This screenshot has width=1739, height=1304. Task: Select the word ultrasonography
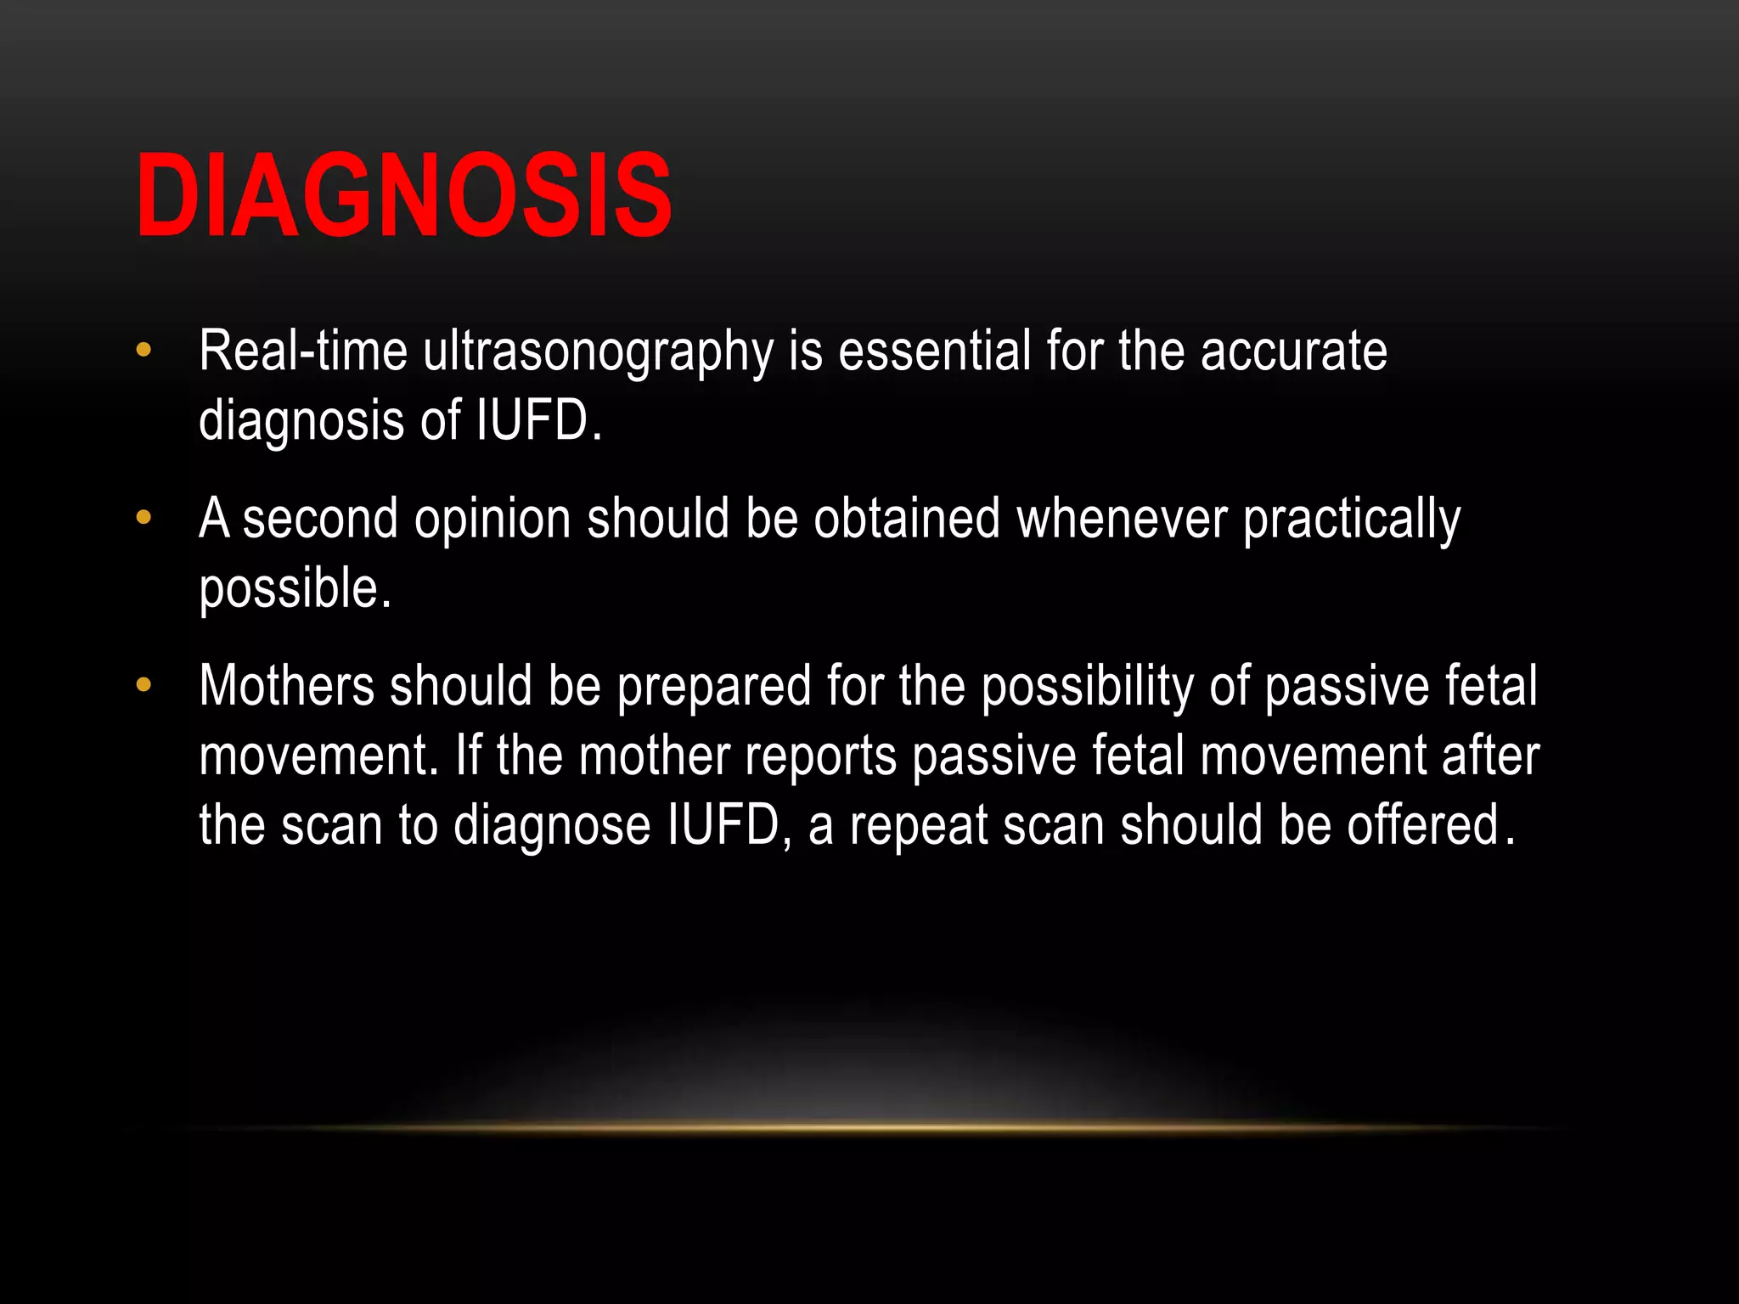coord(599,352)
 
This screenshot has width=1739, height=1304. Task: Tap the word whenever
coord(1122,518)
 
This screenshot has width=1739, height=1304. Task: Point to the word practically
coord(1352,520)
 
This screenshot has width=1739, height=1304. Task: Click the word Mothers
coord(286,685)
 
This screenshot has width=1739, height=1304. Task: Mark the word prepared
coord(714,687)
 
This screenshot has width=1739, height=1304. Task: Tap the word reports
coord(820,756)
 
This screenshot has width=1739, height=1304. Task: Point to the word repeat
coord(919,826)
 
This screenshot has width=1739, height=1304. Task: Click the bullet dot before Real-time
coord(144,350)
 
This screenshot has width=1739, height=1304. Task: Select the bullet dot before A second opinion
coord(144,517)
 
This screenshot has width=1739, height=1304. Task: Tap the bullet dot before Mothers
coord(144,684)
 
